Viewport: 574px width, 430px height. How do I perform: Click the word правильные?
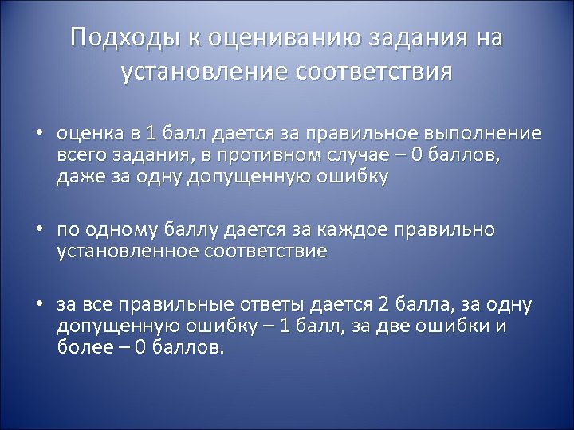tap(175, 306)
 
